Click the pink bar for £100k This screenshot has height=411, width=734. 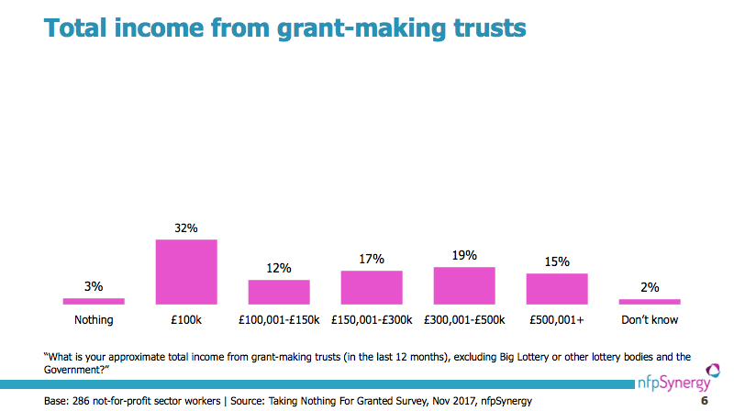(186, 272)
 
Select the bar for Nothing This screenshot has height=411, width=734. (94, 301)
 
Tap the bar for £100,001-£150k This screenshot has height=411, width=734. (279, 292)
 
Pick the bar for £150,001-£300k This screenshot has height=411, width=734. (372, 287)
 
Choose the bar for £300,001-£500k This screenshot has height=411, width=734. (464, 285)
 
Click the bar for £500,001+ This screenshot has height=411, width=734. (557, 289)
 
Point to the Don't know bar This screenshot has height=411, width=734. (650, 301)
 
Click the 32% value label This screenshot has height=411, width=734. (186, 228)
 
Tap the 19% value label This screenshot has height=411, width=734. (464, 256)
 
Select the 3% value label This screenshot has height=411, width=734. (94, 287)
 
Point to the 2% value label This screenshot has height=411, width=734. (650, 287)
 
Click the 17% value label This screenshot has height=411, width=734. (372, 260)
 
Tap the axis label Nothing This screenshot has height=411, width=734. (94, 320)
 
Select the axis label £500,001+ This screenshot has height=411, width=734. (557, 320)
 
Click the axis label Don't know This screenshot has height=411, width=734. (650, 320)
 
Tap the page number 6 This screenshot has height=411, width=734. (705, 401)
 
